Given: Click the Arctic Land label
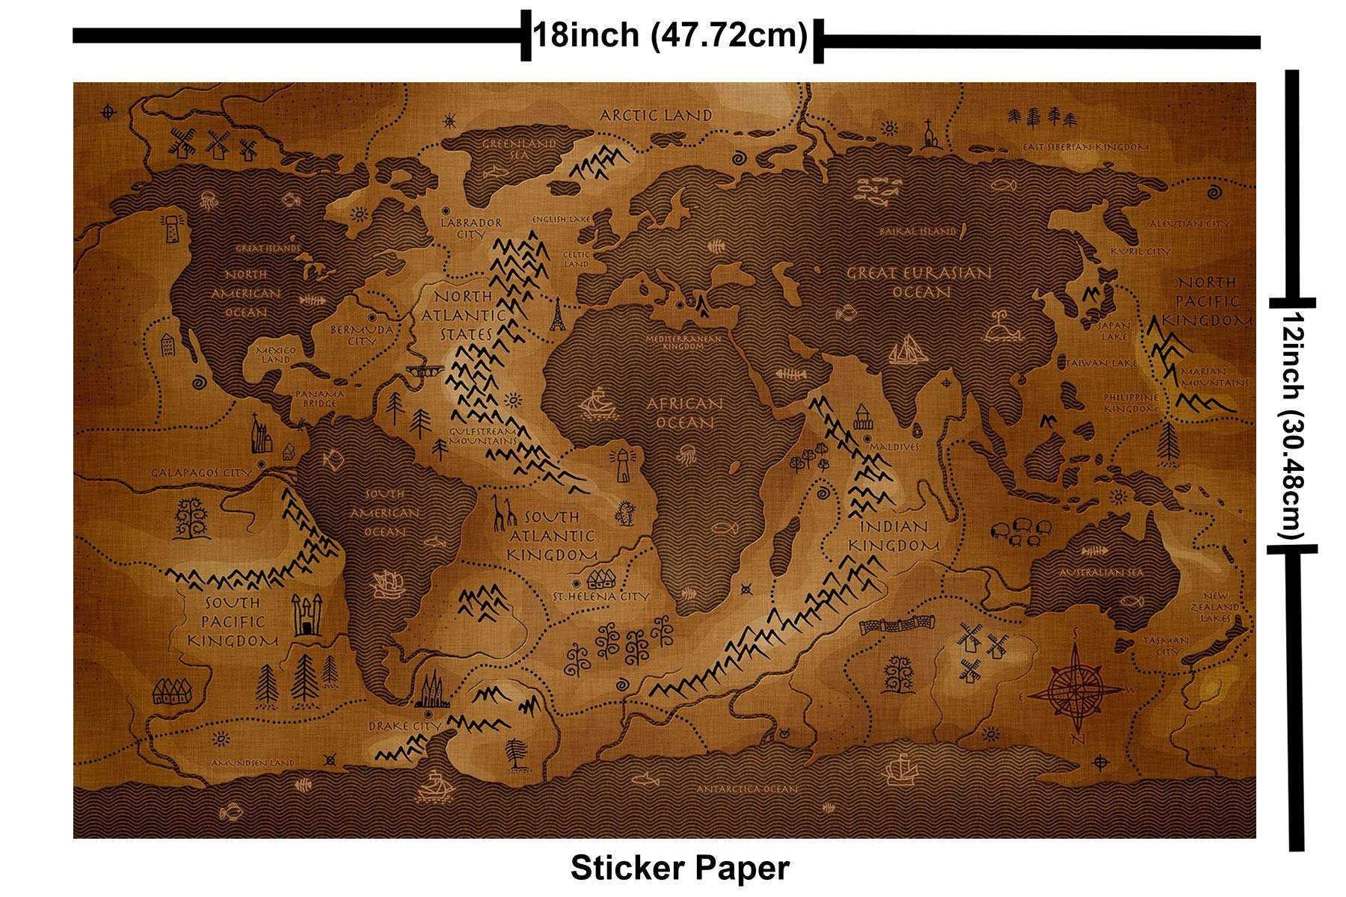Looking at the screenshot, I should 656,115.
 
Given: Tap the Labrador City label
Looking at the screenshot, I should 471,228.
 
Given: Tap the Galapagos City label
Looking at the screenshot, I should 201,472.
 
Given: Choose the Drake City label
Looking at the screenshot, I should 405,726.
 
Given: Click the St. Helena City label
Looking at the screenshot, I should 600,597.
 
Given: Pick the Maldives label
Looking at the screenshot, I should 894,446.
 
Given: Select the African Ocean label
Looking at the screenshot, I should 685,413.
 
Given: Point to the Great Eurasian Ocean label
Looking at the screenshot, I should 920,282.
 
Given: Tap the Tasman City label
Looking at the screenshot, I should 1167,645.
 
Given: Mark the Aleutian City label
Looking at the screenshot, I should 1189,224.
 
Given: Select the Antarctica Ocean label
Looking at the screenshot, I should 747,789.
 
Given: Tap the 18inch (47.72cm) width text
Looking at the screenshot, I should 670,35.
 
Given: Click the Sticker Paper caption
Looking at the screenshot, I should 680,868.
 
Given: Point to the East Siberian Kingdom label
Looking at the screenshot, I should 1086,147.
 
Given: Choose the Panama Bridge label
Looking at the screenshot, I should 320,398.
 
